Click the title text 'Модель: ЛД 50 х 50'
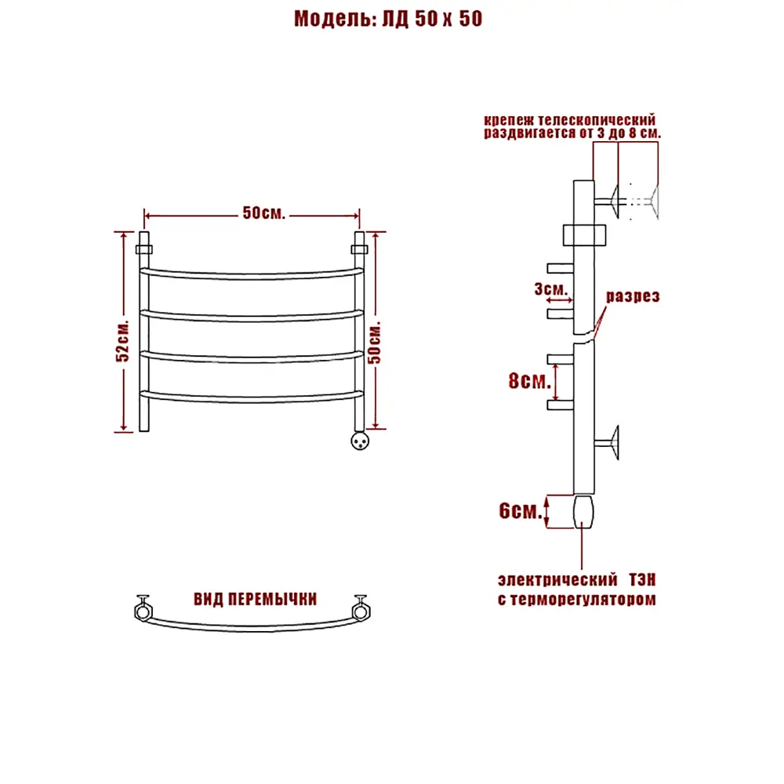(388, 19)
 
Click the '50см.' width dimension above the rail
(264, 213)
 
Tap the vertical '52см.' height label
(122, 340)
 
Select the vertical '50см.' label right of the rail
(375, 342)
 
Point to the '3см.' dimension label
(551, 289)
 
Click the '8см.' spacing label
(529, 381)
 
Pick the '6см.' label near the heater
(521, 510)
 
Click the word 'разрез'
(633, 296)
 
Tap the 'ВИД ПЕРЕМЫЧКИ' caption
(255, 599)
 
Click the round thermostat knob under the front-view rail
(360, 441)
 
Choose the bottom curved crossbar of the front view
(252, 397)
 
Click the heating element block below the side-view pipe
(583, 511)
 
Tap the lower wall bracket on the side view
(607, 442)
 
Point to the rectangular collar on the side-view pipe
(584, 235)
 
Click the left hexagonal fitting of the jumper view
(143, 608)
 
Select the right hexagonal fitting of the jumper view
(361, 608)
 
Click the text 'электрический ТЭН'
(576, 580)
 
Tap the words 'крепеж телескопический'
(569, 120)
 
